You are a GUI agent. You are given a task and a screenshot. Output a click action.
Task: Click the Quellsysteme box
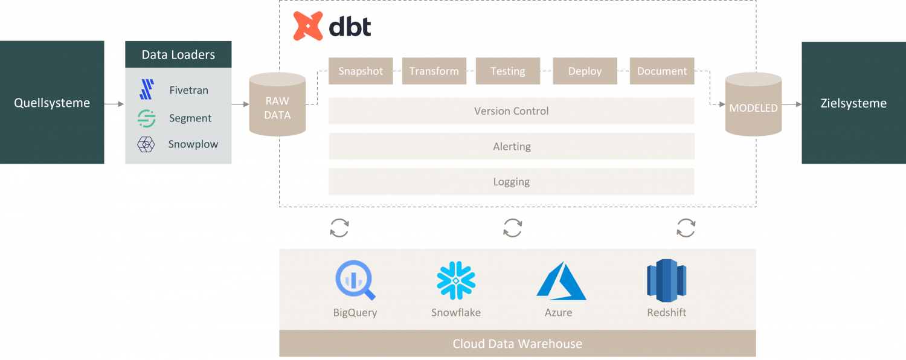point(52,103)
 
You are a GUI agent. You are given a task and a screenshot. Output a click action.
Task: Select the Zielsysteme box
point(853,103)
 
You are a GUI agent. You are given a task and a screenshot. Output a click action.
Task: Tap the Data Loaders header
point(178,54)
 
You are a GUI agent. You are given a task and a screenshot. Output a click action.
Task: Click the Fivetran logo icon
point(146,90)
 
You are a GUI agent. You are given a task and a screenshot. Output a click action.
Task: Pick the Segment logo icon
point(146,118)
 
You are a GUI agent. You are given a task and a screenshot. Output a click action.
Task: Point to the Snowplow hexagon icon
point(146,144)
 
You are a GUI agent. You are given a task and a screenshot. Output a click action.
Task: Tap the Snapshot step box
point(361,71)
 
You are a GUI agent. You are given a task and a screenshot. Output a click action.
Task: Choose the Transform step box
point(434,71)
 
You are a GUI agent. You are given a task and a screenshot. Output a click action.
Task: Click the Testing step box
point(507,71)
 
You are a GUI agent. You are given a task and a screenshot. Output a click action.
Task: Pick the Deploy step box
point(585,71)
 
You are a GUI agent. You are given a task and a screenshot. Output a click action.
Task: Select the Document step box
point(662,71)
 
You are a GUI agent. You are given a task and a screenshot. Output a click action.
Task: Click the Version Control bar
point(512,111)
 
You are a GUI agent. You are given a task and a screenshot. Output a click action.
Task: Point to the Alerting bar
point(512,146)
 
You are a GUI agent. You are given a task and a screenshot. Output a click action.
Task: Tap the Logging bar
point(512,182)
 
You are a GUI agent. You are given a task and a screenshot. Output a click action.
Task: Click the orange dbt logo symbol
point(308,26)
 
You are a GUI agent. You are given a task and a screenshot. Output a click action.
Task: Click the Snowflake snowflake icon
point(456,280)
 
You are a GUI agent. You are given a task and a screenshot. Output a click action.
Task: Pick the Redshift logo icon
point(667,280)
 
